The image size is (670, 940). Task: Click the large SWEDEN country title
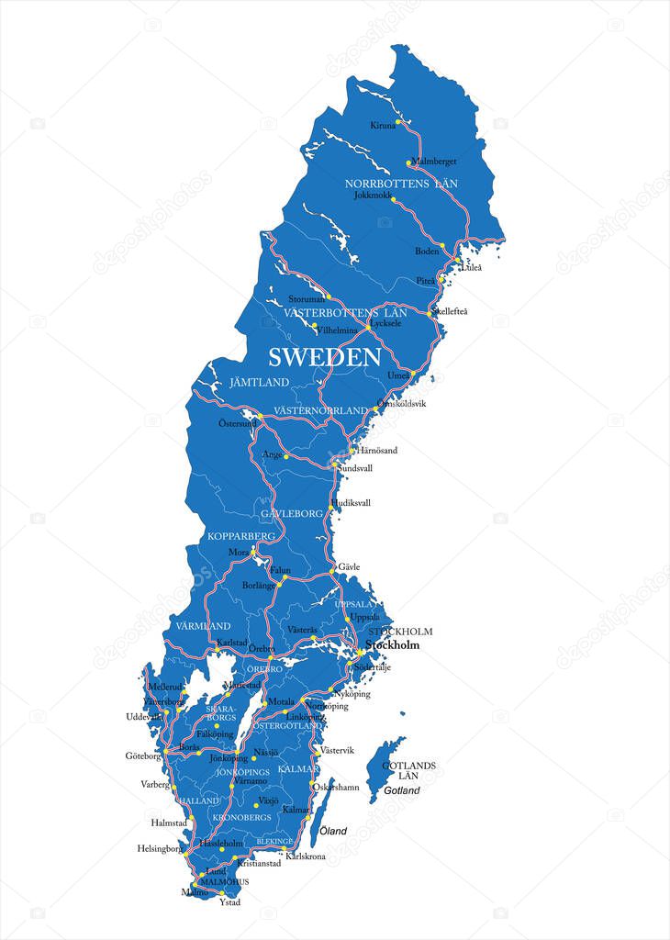coord(324,357)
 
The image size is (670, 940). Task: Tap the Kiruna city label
coord(383,125)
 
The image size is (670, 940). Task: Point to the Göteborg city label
coord(142,755)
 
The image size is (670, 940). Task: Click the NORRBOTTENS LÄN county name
coord(401,184)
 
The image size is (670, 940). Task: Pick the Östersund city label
coord(237,423)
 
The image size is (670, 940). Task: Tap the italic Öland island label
coord(333,831)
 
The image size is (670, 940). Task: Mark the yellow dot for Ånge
coord(285,456)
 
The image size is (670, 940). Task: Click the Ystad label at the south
coord(229,902)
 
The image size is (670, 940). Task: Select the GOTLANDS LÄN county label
coord(408,770)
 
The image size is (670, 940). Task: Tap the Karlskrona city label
coord(306,856)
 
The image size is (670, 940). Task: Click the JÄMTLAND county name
coord(259,382)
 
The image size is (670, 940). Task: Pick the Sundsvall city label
coord(355,468)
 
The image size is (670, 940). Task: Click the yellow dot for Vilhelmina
coord(315,325)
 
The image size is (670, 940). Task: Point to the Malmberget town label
coord(434,162)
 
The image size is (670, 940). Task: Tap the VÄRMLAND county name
coord(202,625)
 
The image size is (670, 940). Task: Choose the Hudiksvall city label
coord(352,503)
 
